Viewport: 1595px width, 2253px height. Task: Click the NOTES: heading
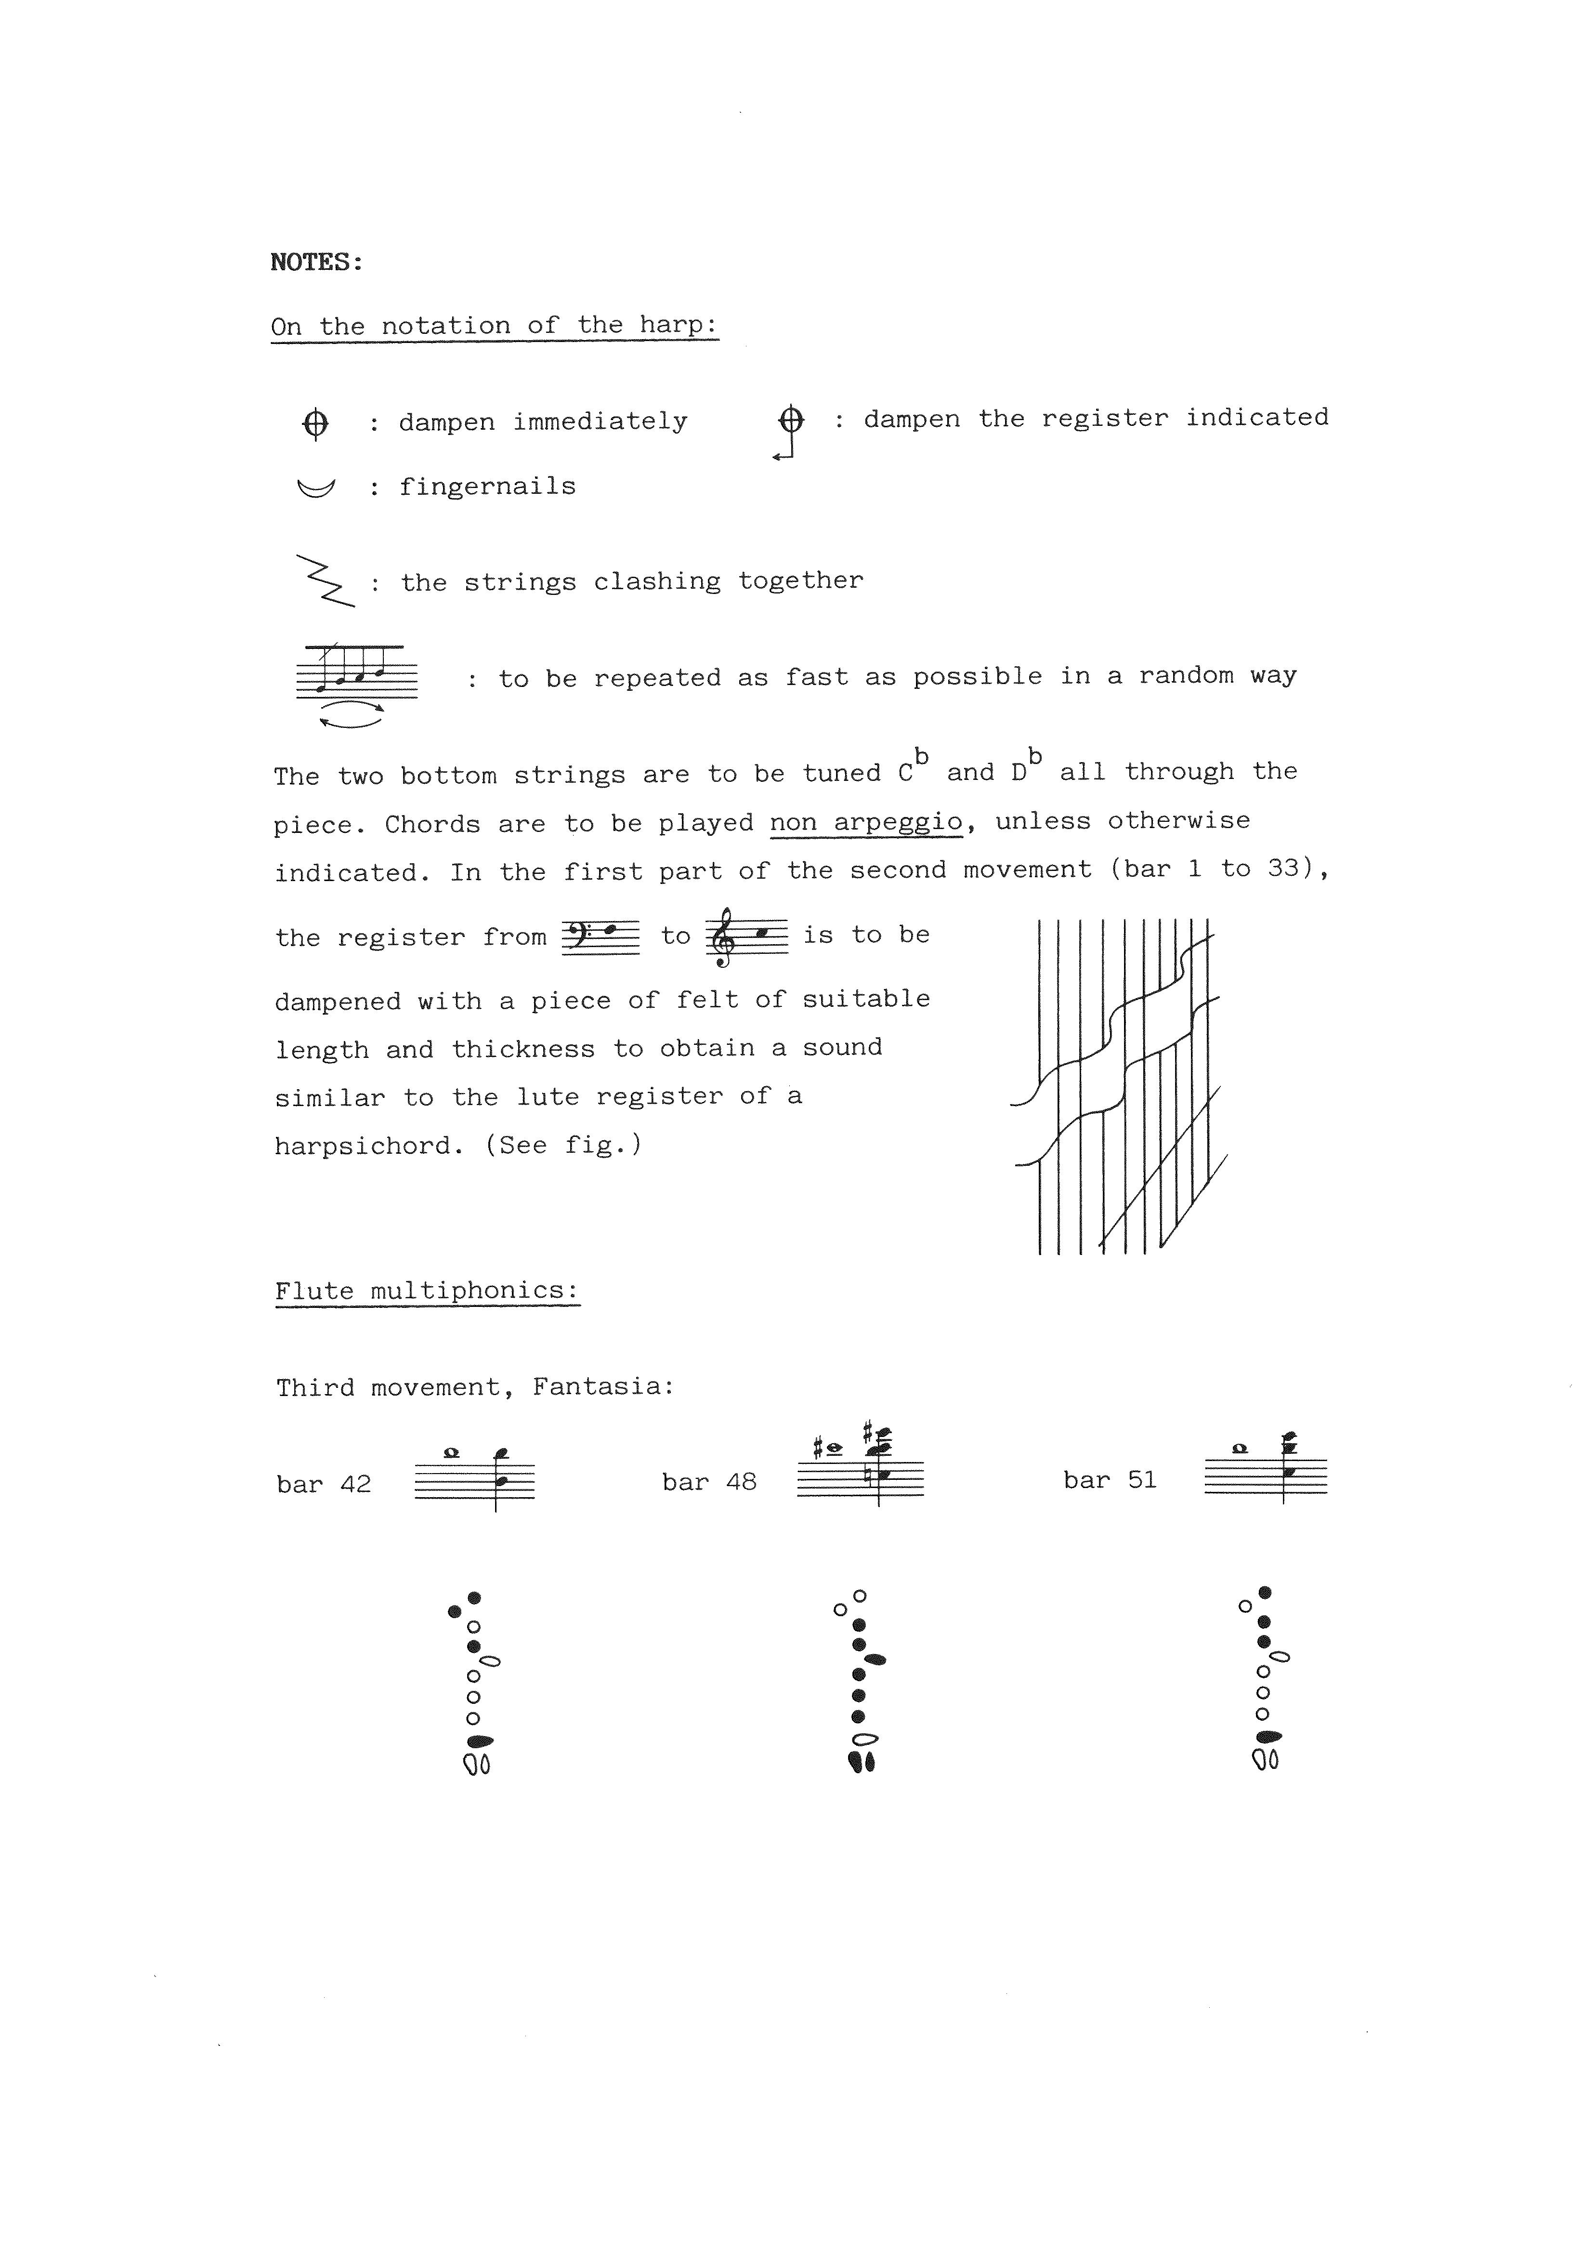(316, 262)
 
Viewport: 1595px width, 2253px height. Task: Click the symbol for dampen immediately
(315, 424)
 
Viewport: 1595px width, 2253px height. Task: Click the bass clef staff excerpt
(600, 936)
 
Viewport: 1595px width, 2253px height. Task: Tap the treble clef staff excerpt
(746, 936)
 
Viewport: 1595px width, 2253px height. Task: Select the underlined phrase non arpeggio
(865, 822)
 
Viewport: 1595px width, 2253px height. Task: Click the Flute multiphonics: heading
(427, 1291)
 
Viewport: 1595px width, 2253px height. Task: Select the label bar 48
(709, 1482)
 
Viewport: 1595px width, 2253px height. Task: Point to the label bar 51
(1110, 1480)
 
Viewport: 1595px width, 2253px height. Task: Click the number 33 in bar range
(1282, 868)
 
